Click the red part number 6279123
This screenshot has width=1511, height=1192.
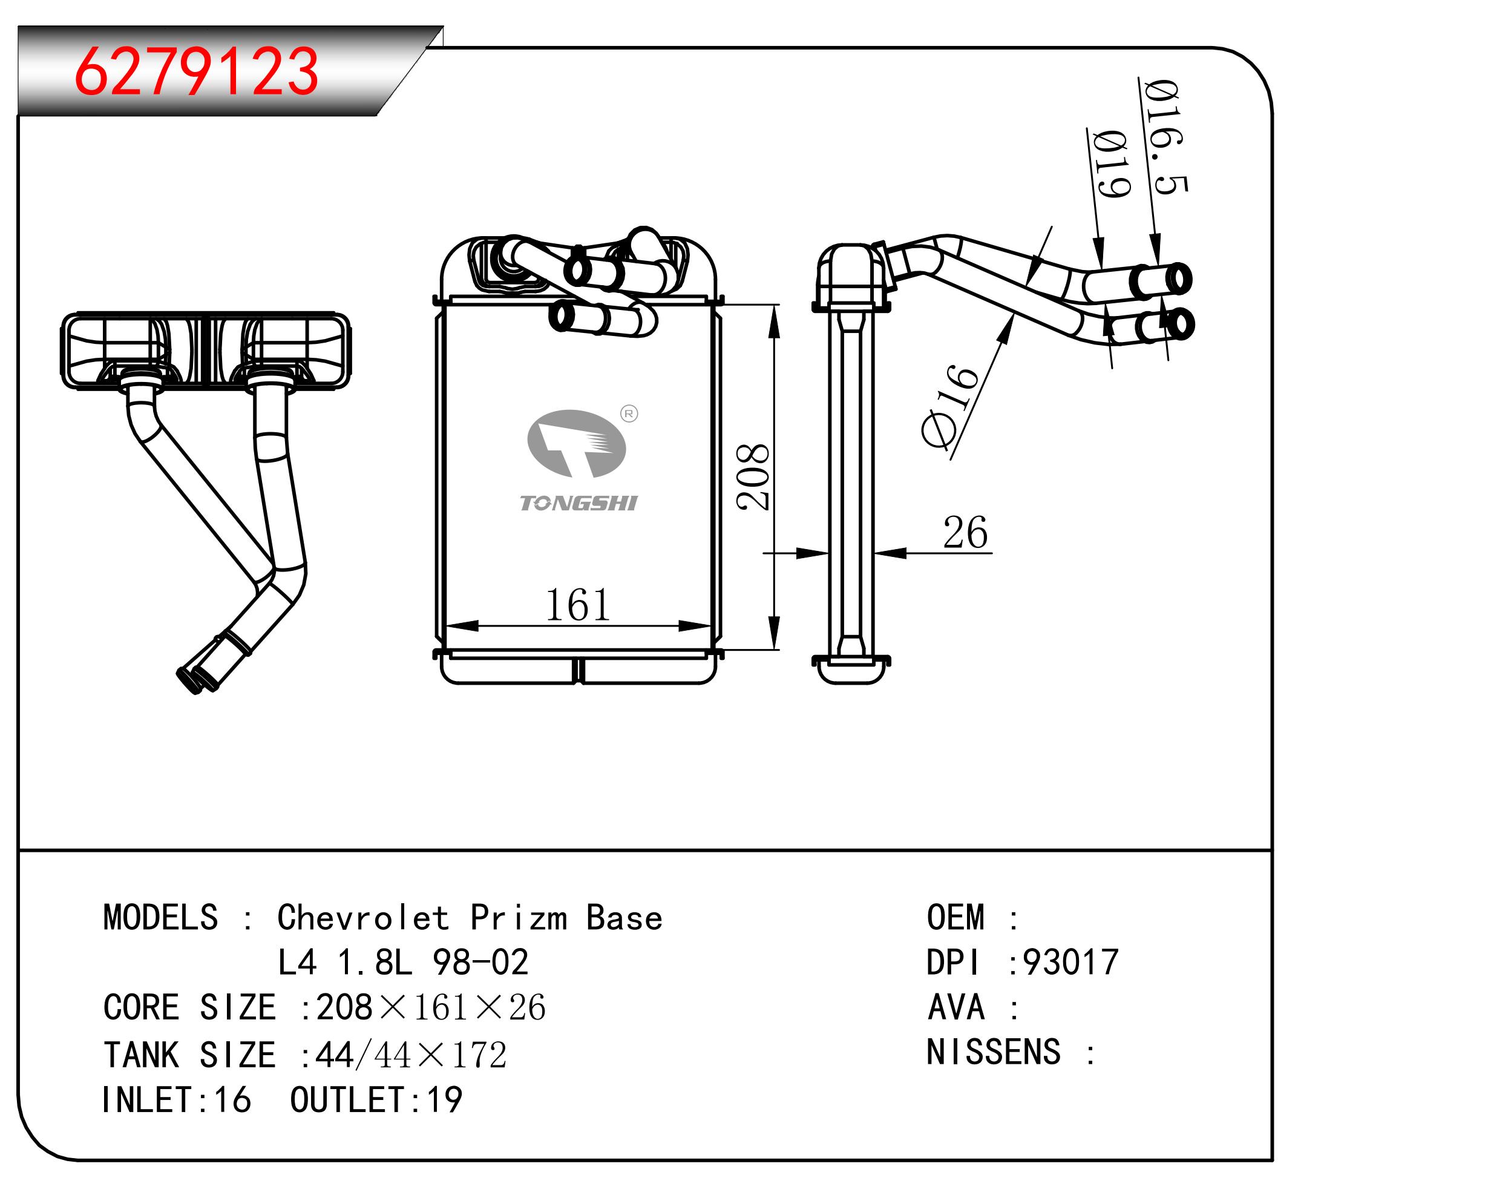[x=196, y=71]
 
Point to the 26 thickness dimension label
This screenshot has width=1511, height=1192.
[x=965, y=533]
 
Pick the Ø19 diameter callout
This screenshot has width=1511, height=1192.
[x=1111, y=165]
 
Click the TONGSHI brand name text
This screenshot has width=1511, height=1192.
[x=579, y=503]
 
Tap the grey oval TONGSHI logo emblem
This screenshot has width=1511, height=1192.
[x=576, y=444]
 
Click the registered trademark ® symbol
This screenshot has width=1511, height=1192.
[x=629, y=414]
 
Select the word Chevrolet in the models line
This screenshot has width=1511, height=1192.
[x=362, y=918]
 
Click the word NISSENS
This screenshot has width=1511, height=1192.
[x=994, y=1052]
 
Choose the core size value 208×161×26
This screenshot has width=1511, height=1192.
[x=430, y=1007]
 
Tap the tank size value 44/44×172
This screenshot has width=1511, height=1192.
[x=411, y=1055]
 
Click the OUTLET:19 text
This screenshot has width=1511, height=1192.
[x=376, y=1100]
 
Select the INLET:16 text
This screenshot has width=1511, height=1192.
[x=177, y=1100]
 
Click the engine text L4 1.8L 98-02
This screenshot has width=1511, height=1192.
[x=403, y=963]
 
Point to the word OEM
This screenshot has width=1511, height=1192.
[x=955, y=918]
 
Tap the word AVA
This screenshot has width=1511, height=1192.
[x=955, y=1007]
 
